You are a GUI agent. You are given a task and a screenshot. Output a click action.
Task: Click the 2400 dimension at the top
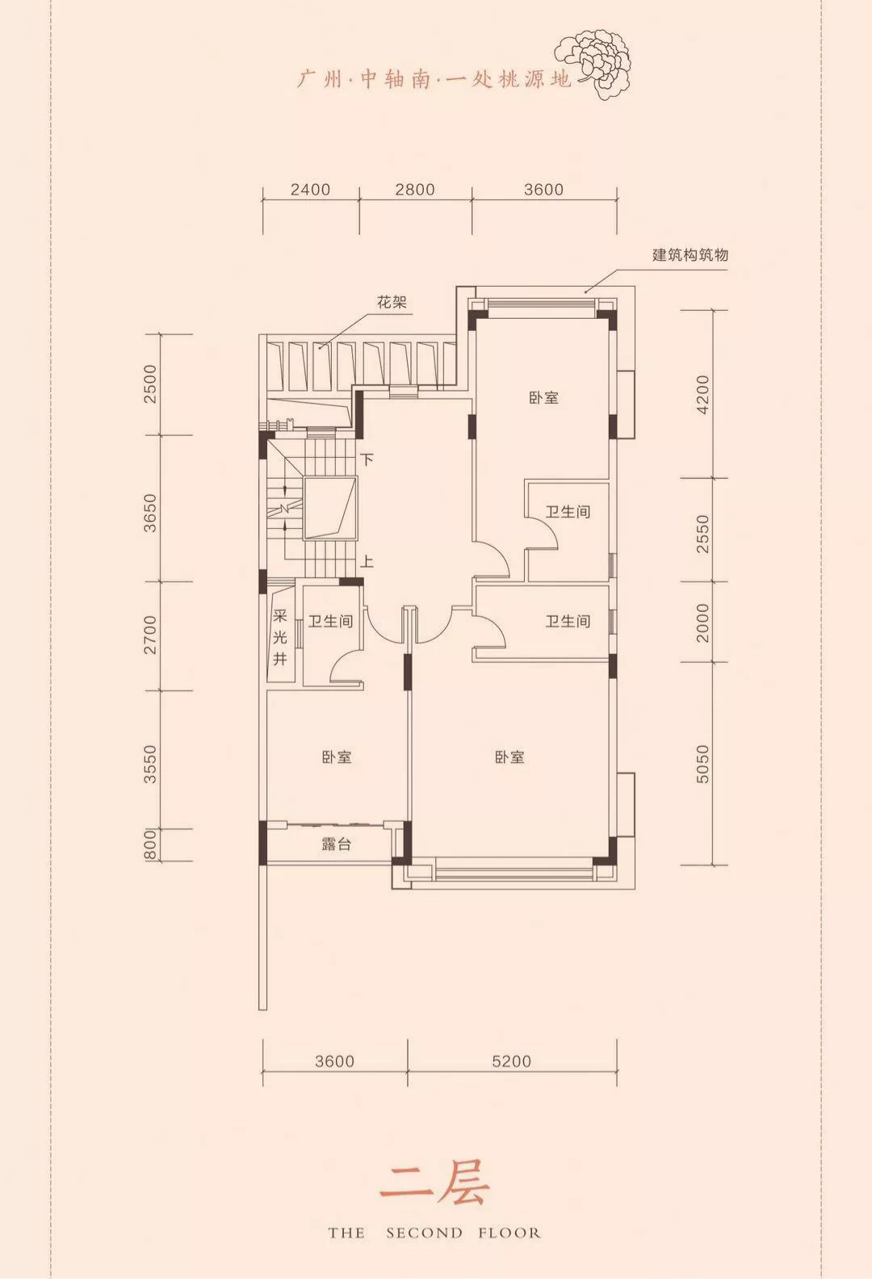[x=310, y=190]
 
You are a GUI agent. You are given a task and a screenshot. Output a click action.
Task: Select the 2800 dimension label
[x=414, y=190]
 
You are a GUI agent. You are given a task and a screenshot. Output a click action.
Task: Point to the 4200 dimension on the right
[x=702, y=395]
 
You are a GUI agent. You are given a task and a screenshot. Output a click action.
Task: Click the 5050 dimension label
[x=702, y=763]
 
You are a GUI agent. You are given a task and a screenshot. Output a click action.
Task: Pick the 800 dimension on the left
[x=149, y=845]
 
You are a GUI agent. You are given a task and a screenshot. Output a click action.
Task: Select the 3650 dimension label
[x=149, y=513]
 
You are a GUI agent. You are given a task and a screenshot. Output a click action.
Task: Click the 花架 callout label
[x=392, y=302]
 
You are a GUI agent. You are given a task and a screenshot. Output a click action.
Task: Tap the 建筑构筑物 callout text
[x=690, y=254]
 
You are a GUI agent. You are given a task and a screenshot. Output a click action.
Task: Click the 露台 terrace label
[x=336, y=844]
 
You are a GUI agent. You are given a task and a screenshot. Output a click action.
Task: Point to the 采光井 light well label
[x=280, y=638]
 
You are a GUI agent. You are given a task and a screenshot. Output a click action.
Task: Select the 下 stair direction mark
[x=367, y=459]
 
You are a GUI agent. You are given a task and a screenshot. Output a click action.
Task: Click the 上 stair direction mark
[x=367, y=562]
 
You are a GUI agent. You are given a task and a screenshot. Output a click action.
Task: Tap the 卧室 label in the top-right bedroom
[x=543, y=397]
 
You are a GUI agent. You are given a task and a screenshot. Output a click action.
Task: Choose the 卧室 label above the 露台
[x=337, y=757]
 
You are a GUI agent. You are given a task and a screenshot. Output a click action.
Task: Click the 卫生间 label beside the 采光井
[x=331, y=621]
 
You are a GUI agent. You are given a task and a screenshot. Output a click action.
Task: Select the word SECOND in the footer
[x=425, y=1233]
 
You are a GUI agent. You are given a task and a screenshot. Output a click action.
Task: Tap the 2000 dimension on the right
[x=702, y=623]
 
